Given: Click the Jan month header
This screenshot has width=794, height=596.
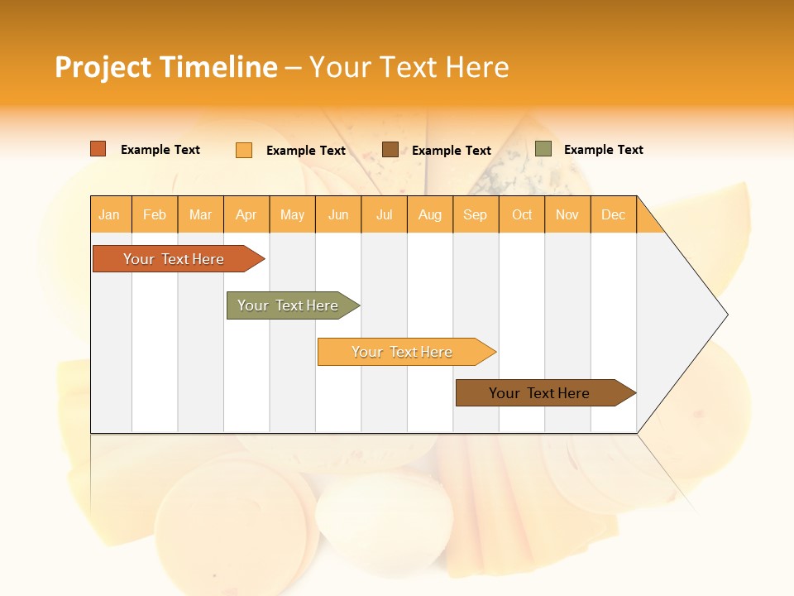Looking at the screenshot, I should coord(110,214).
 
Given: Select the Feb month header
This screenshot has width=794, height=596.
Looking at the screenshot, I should coord(155,214).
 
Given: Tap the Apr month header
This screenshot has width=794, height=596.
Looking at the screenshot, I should coord(246,214).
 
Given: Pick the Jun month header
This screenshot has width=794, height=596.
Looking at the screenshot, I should coord(338,214).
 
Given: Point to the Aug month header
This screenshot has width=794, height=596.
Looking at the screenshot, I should coord(430,214).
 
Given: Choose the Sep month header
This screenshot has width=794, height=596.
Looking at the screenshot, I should coord(476,214).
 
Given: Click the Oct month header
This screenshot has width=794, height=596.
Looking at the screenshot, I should coord(522,214).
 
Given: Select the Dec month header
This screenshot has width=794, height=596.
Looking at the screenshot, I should coord(614,214).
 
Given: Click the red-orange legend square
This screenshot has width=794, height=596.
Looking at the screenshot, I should coord(98,149).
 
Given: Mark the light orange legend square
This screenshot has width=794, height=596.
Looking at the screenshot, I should coord(244,150).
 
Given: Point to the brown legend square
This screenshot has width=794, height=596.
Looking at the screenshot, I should coord(390,149).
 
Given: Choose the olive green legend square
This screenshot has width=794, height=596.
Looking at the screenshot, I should coord(543,149).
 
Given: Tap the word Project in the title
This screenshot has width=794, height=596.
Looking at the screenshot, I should coord(103,67).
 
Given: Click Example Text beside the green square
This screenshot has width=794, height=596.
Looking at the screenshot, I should coord(603,150).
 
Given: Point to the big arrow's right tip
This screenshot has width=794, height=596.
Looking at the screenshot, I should coord(726,315).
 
